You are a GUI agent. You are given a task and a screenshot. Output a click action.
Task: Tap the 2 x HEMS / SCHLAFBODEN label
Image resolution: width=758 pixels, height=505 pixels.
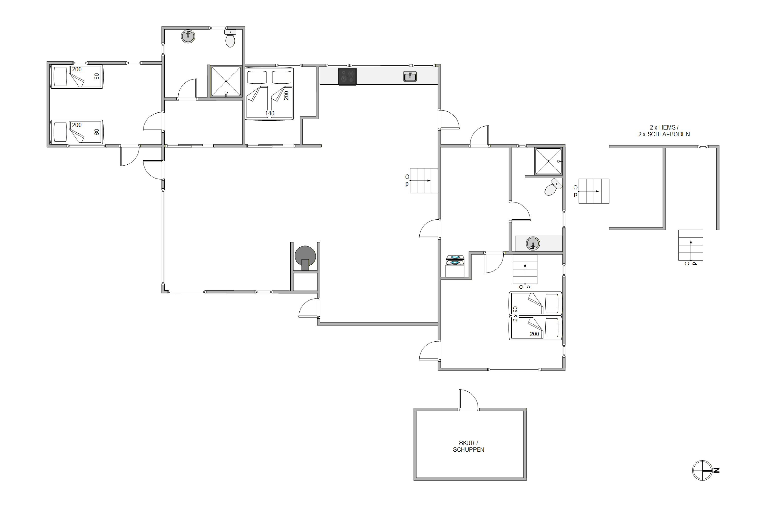coord(664,131)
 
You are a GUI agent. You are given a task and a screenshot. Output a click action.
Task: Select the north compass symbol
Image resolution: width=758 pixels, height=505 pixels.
coord(705,471)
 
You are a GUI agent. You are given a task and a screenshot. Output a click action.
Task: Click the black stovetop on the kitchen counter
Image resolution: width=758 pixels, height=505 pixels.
coord(347,77)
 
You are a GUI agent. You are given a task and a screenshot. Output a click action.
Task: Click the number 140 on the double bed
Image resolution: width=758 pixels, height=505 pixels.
coord(270,113)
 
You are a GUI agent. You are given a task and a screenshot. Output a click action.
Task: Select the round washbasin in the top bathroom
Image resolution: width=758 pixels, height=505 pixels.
coord(188,36)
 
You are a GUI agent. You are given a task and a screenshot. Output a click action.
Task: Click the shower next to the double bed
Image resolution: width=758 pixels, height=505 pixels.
coord(226,82)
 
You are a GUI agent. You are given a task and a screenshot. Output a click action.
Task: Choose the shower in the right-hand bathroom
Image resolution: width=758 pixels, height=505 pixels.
coord(548,161)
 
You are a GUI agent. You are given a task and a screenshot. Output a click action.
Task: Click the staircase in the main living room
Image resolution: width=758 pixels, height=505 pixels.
coord(423,181)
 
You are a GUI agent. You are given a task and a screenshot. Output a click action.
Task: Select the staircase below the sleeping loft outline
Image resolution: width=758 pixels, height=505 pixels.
coord(691,245)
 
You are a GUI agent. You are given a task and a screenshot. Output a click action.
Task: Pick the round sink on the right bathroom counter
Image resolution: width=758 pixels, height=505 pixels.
coord(533,243)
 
